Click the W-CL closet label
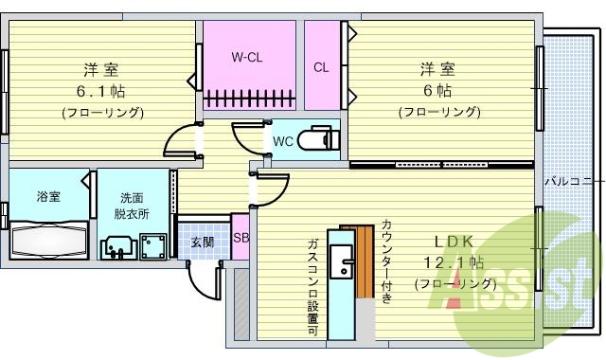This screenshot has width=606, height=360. pyautogui.click(x=247, y=57)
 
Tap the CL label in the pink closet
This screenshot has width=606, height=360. pyautogui.click(x=321, y=66)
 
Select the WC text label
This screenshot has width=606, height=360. pyautogui.click(x=282, y=141)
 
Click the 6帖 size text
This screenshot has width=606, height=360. pyautogui.click(x=437, y=91)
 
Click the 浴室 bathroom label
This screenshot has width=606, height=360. pyautogui.click(x=48, y=196)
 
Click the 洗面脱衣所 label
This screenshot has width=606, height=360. pyautogui.click(x=132, y=206)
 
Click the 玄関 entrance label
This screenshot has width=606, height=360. pyautogui.click(x=201, y=242)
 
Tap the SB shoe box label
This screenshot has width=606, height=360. pyautogui.click(x=241, y=238)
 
